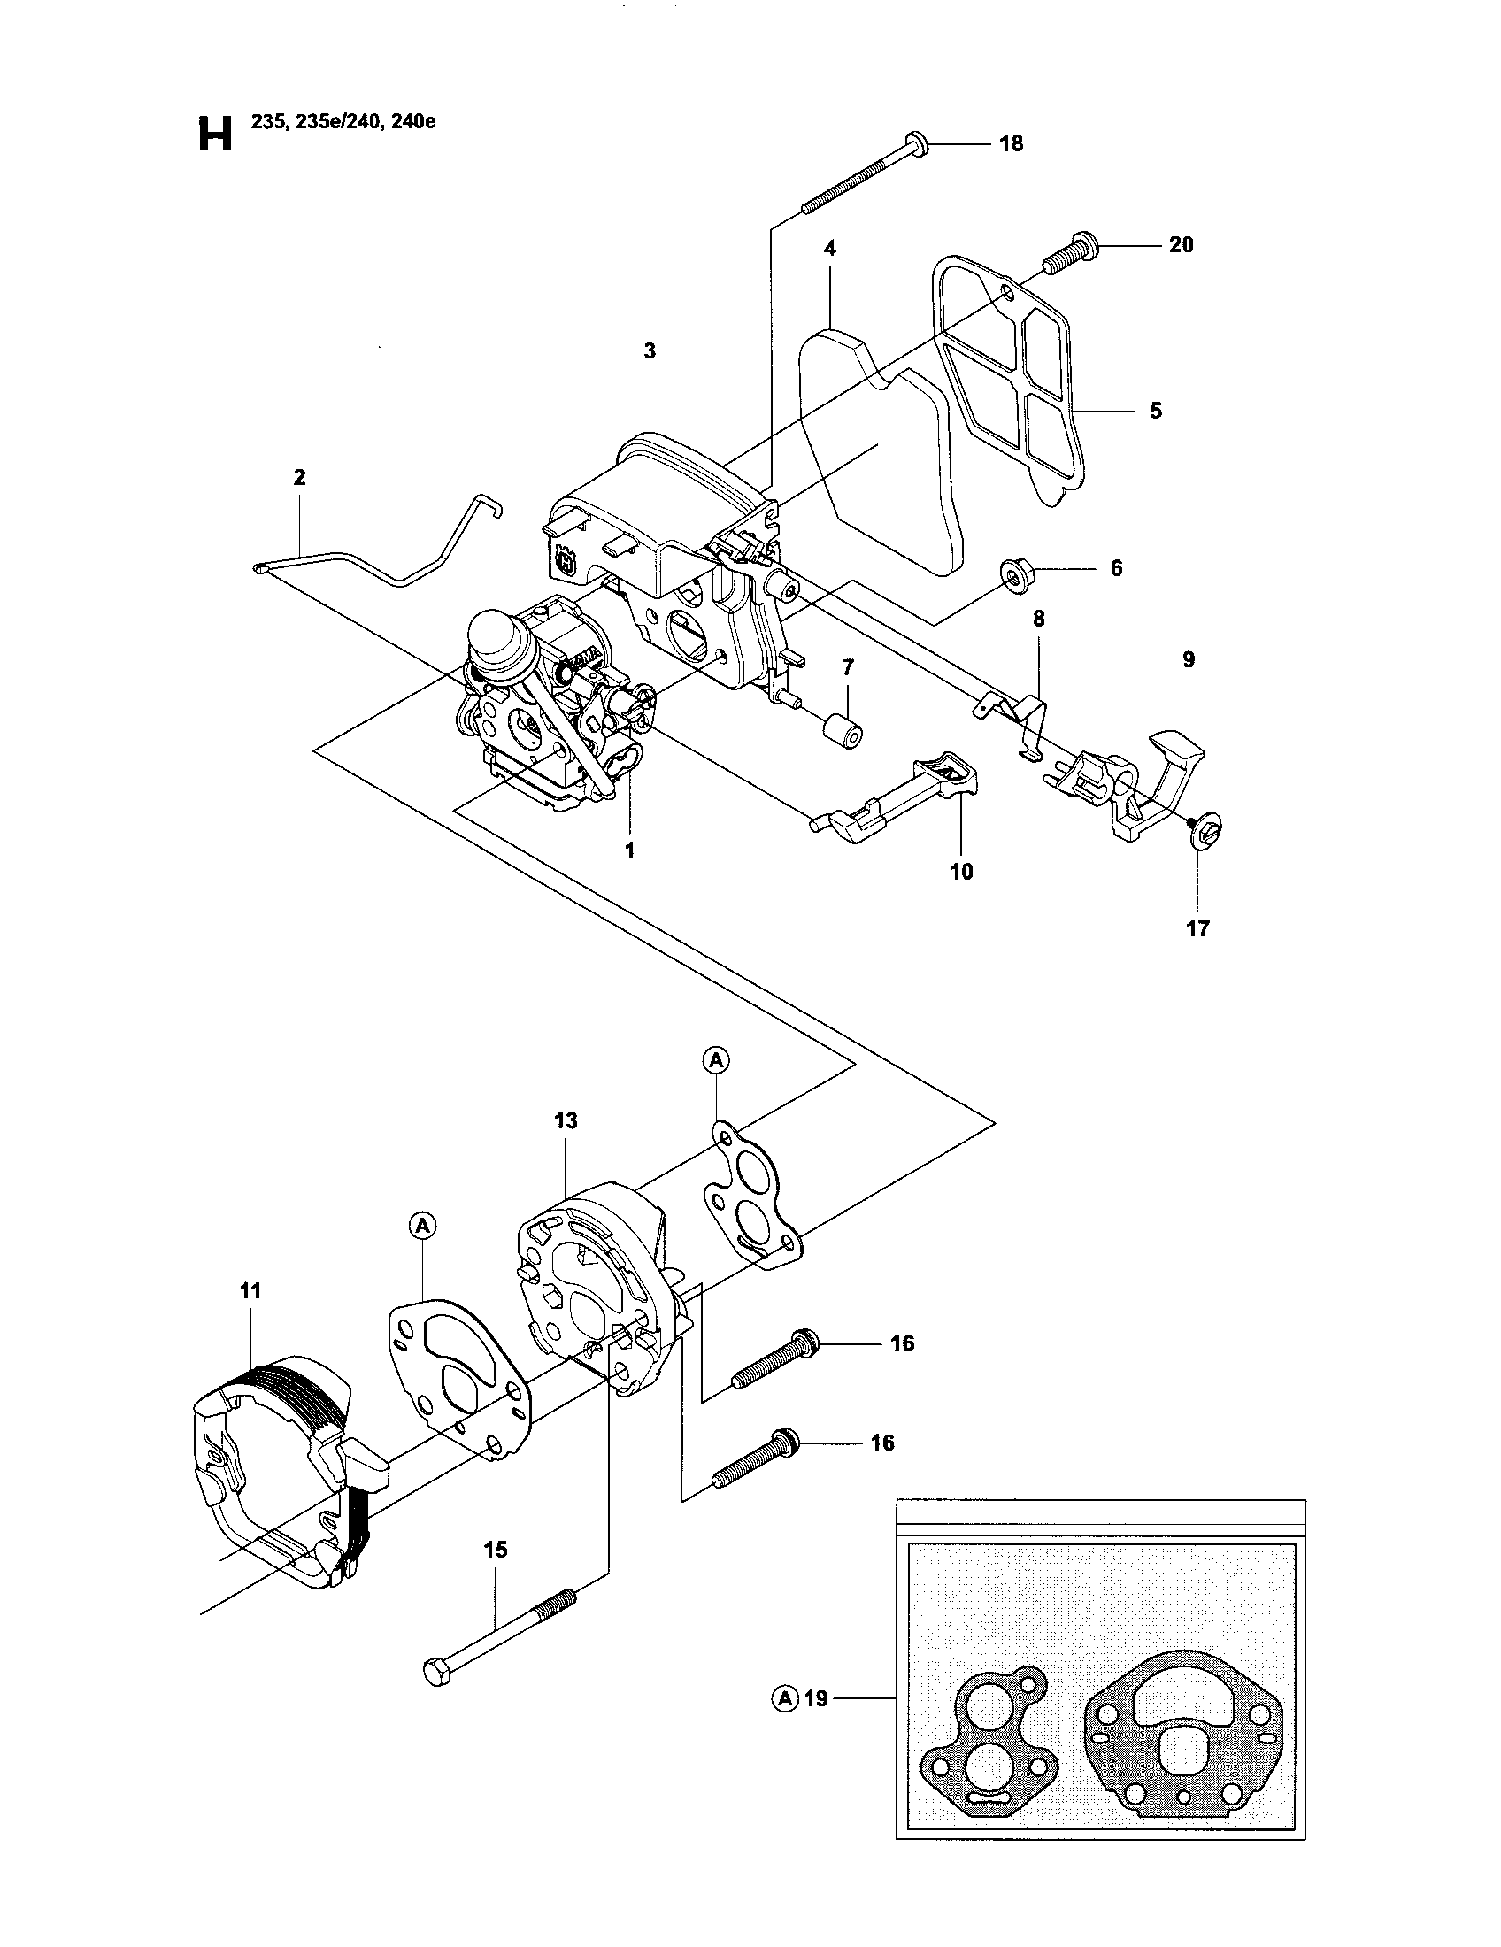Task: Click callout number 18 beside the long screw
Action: click(1011, 143)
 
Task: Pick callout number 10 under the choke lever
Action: click(962, 871)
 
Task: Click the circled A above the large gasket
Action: click(422, 1227)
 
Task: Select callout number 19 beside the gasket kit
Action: click(816, 1699)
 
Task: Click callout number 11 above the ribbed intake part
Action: click(250, 1290)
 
